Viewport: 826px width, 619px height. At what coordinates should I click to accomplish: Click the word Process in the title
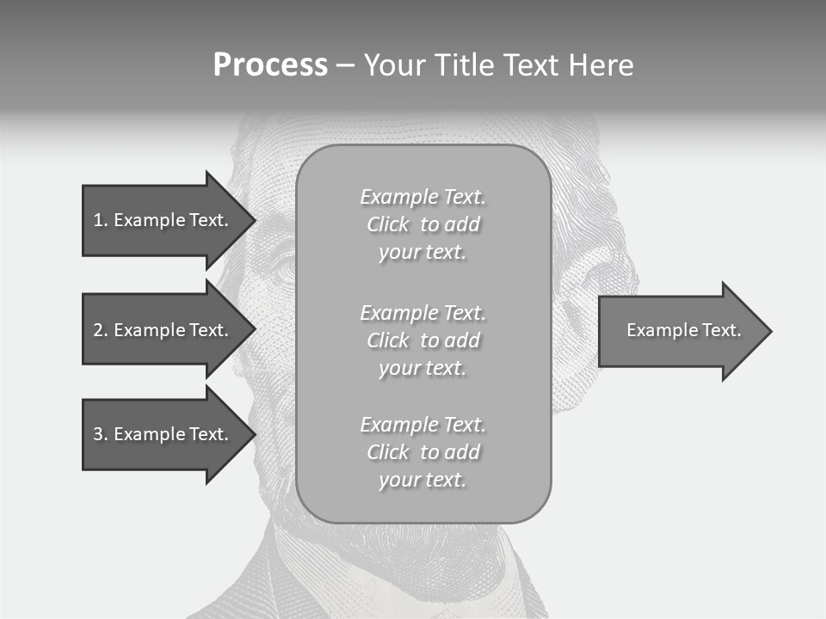coord(270,65)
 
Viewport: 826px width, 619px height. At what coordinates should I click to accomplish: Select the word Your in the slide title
coord(395,65)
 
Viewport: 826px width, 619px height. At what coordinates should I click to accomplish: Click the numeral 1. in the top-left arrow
coord(101,220)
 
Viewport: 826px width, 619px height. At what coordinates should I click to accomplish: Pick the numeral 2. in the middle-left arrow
coord(101,330)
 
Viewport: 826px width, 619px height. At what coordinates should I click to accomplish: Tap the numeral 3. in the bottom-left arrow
coord(101,434)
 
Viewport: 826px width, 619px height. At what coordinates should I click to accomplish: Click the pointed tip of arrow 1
coord(254,220)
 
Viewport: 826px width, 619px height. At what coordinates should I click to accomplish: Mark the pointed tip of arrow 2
coord(254,329)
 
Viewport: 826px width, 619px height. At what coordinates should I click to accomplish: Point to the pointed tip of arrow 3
coord(254,434)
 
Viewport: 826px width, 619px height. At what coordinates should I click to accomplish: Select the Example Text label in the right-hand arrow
coord(683,330)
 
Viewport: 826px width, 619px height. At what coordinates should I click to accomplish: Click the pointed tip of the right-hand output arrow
coord(770,331)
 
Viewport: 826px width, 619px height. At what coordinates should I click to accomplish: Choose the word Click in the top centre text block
coord(388,225)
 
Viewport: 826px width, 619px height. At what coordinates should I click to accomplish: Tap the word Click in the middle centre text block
coord(388,340)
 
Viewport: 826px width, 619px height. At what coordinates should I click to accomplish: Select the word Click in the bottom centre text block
coord(388,452)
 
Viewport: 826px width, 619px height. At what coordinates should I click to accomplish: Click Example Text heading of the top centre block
coord(422,197)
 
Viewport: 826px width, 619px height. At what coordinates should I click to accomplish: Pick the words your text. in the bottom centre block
coord(422,481)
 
